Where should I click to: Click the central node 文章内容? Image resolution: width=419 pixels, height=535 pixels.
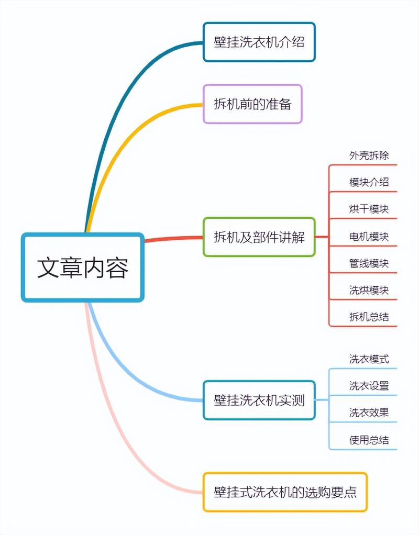click(x=82, y=267)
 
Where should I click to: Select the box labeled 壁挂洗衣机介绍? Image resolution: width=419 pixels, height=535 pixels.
click(x=259, y=42)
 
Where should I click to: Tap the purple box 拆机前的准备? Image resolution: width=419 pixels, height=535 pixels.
click(x=252, y=104)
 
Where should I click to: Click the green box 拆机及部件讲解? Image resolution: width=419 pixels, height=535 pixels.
click(x=259, y=237)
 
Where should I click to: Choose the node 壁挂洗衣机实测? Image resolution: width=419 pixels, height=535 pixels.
click(x=259, y=400)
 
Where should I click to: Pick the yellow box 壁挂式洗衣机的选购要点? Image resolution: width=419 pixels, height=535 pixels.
click(x=285, y=492)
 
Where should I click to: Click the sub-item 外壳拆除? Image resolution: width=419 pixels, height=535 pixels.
click(x=369, y=155)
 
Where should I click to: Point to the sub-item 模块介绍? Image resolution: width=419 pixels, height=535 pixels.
click(x=369, y=182)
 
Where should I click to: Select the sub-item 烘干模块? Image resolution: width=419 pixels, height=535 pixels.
click(x=369, y=209)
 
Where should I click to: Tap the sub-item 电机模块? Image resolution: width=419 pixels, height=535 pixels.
click(x=369, y=236)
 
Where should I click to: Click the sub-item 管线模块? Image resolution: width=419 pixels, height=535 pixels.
click(x=369, y=263)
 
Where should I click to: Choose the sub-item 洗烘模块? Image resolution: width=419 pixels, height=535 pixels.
click(x=369, y=289)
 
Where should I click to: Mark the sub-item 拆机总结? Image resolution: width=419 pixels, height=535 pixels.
click(x=369, y=317)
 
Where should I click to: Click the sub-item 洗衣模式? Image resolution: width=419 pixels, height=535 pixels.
click(x=369, y=359)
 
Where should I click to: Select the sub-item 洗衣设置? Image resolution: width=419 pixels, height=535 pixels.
click(x=369, y=386)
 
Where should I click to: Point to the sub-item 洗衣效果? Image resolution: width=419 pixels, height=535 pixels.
click(x=369, y=413)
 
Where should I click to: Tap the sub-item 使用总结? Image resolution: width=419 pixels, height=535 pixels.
click(x=369, y=440)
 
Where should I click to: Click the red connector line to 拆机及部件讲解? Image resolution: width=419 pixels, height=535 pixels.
click(x=173, y=239)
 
